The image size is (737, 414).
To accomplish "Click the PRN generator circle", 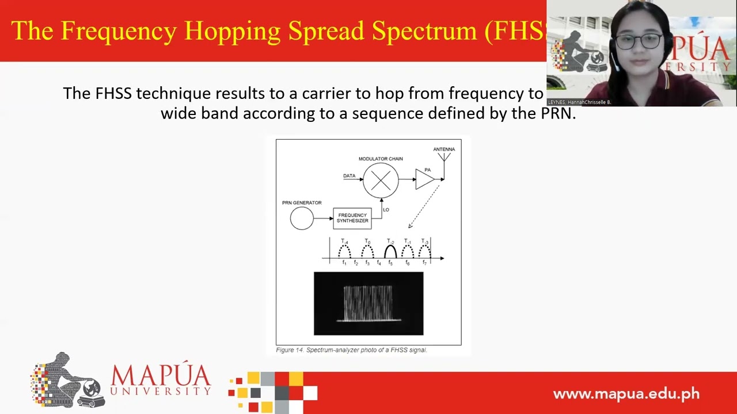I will pos(302,218).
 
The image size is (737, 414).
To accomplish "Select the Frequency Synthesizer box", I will pos(352,218).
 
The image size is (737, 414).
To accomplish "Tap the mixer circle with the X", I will pos(381,181).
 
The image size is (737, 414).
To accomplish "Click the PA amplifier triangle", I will pos(424,179).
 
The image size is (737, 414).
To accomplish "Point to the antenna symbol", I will pos(444,157).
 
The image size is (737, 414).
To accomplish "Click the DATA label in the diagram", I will pos(349,176).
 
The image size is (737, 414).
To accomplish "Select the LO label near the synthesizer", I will pos(386,210).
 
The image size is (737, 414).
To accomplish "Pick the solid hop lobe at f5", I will pos(390,251).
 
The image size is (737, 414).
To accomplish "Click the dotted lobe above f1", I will pos(344,251).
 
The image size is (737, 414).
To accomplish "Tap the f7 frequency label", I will pos(424,263).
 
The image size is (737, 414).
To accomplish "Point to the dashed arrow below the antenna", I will pos(424,205).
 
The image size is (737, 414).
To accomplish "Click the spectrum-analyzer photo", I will pos(368,304).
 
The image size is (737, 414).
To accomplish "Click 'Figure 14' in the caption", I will pos(289,350).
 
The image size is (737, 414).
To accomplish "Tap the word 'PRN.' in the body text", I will pos(558,113).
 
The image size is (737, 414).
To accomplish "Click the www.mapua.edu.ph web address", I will pos(626,394).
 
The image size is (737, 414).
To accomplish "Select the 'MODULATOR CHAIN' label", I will pos(381,159).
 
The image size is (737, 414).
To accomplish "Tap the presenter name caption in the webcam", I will pos(579,102).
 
